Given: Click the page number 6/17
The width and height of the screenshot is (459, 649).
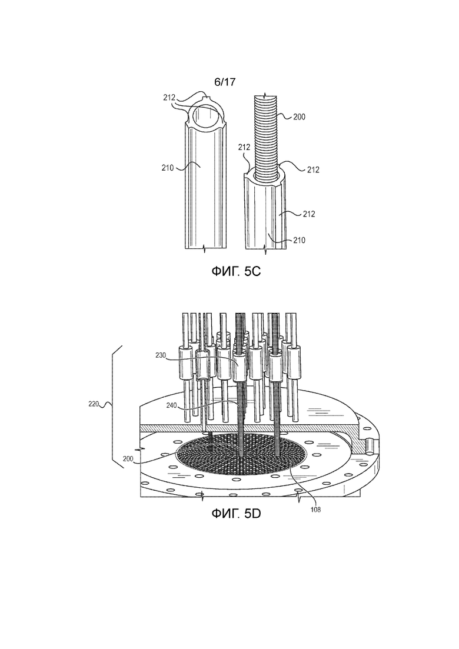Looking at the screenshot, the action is tap(224, 82).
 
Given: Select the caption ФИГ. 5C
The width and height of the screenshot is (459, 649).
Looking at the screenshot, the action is tap(236, 271).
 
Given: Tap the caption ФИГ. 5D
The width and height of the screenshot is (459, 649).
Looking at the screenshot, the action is tap(236, 514).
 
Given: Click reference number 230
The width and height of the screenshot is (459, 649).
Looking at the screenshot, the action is tap(162, 355).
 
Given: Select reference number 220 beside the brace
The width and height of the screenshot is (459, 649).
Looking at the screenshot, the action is tap(94, 404).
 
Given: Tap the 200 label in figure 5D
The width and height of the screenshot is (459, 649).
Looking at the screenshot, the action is tap(129, 458).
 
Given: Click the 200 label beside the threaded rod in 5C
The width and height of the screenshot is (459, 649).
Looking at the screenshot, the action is tap(299, 117).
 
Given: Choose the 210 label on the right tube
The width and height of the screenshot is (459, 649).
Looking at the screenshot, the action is tap(299, 240).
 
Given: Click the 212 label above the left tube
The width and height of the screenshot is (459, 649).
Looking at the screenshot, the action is tap(169, 98).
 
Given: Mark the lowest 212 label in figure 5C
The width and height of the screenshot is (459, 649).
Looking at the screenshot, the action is tap(309, 214).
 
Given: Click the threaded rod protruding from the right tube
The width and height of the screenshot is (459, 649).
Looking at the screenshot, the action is tap(268, 137).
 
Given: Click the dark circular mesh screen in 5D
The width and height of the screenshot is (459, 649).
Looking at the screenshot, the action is tap(241, 454).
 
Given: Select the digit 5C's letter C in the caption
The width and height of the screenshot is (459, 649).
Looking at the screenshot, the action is tap(256, 271).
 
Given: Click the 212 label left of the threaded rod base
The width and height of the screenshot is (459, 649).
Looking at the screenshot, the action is tap(244, 147).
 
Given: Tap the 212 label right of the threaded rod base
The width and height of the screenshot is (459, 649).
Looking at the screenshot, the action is tap(313, 169).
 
